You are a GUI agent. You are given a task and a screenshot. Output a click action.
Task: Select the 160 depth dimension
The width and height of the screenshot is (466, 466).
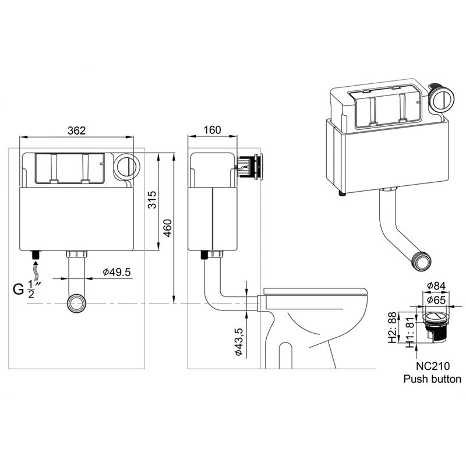click(212, 130)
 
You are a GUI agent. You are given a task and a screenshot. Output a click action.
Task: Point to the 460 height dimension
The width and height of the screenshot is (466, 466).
click(167, 227)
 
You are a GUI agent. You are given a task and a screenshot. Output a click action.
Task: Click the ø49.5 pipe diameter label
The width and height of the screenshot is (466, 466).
click(116, 272)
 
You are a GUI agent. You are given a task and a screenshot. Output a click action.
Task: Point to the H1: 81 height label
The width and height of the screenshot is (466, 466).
click(409, 331)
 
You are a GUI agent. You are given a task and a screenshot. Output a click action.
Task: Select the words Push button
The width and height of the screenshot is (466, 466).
click(433, 379)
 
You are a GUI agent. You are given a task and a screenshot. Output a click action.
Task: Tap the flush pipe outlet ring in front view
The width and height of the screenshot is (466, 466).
click(76, 303)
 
